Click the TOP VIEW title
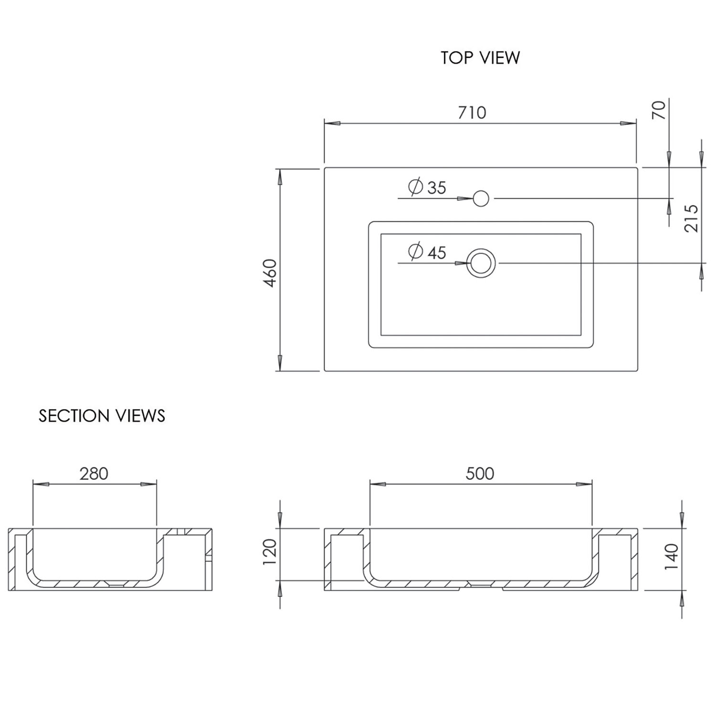pyautogui.click(x=480, y=58)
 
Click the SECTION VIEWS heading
pyautogui.click(x=102, y=416)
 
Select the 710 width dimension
pyautogui.click(x=472, y=113)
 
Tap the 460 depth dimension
pyautogui.click(x=270, y=273)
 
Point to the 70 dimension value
pyautogui.click(x=659, y=110)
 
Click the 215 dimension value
pyautogui.click(x=691, y=218)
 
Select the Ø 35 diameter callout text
pyautogui.click(x=427, y=187)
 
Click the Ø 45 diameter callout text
pyautogui.click(x=427, y=252)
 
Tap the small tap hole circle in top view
pyautogui.click(x=481, y=198)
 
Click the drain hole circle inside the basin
pyautogui.click(x=481, y=263)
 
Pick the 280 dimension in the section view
pyautogui.click(x=94, y=474)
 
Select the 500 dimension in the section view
pyautogui.click(x=480, y=474)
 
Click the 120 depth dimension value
pyautogui.click(x=270, y=551)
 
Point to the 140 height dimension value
pyautogui.click(x=671, y=556)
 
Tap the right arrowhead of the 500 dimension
pyautogui.click(x=584, y=484)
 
